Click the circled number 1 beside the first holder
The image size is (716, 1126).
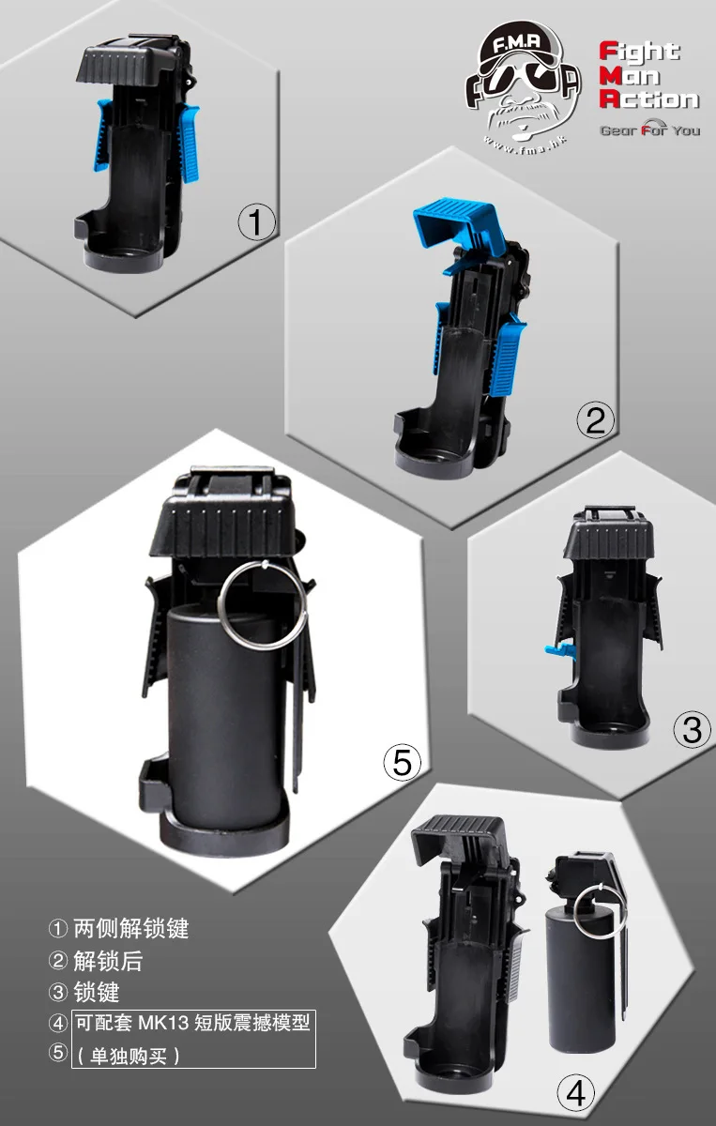point(256,222)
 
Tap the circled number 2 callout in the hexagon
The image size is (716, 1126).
point(595,419)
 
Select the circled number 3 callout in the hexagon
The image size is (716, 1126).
point(693,729)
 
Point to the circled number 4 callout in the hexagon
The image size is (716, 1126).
point(576,1093)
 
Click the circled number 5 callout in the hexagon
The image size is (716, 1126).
point(403,762)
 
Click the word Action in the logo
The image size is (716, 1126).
point(649,99)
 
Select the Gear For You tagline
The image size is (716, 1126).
point(650,129)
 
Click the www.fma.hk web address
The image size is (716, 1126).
point(525,145)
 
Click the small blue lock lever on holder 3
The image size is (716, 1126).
point(559,650)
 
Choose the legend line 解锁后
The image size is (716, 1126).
point(108,961)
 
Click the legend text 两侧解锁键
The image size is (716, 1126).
point(131,928)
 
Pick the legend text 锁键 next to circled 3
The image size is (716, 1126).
point(97,993)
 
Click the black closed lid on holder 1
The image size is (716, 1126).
point(130,63)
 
